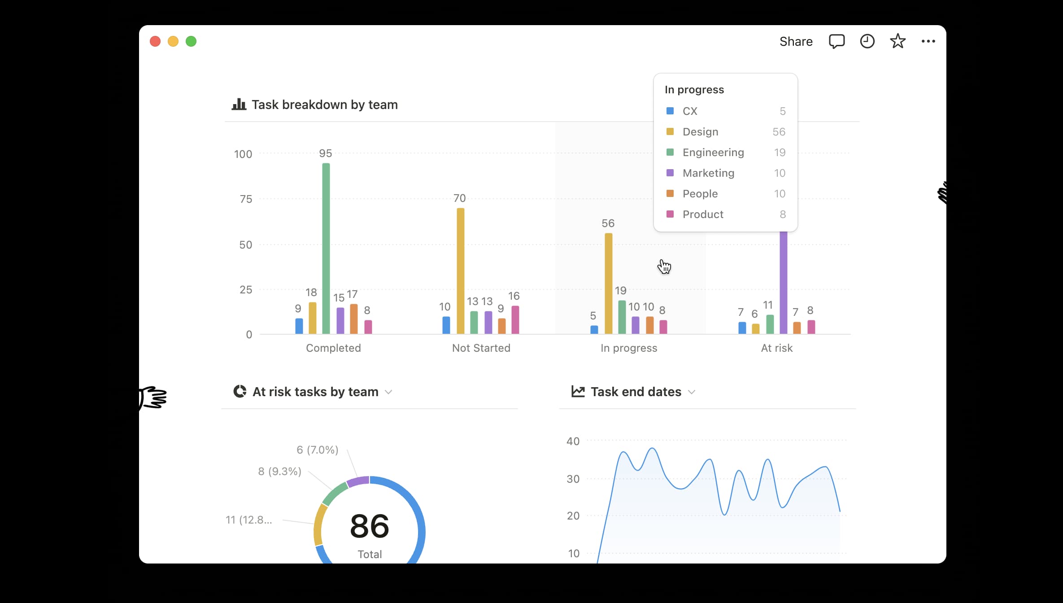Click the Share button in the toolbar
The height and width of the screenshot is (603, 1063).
[796, 41]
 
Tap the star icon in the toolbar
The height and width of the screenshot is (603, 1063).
[897, 41]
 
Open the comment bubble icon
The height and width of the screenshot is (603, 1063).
[836, 41]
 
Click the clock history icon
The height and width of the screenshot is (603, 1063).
[867, 41]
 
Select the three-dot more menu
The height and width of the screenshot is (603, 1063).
[928, 41]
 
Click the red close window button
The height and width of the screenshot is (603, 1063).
[155, 41]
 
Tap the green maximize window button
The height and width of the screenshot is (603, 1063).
[191, 41]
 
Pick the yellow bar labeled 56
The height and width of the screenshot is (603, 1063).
[609, 283]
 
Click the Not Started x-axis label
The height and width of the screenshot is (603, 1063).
[481, 348]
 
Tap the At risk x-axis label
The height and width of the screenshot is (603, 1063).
[776, 348]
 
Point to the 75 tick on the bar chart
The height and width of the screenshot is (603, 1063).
[246, 199]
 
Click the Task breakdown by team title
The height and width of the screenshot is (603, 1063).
[324, 105]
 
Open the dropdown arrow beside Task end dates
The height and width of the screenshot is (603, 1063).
[692, 392]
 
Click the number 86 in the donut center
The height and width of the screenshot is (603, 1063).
[370, 526]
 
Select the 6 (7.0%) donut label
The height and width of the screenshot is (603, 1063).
[317, 450]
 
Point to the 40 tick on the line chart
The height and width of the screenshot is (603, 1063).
[573, 441]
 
